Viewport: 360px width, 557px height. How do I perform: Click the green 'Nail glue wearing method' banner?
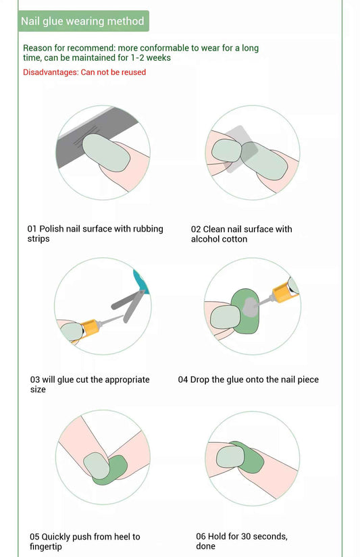(84, 21)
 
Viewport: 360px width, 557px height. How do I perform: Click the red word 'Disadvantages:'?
(51, 72)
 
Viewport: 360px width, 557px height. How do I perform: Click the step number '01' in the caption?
(32, 229)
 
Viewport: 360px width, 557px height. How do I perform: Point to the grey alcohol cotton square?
(239, 149)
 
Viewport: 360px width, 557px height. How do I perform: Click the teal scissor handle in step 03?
(141, 282)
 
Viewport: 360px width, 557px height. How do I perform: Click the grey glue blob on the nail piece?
(251, 307)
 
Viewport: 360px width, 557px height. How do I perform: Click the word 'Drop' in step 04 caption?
(200, 379)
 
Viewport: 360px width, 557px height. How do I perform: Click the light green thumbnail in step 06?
(230, 457)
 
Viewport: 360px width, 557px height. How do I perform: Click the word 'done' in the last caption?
(206, 546)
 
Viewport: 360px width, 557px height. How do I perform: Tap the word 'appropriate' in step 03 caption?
(127, 379)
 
